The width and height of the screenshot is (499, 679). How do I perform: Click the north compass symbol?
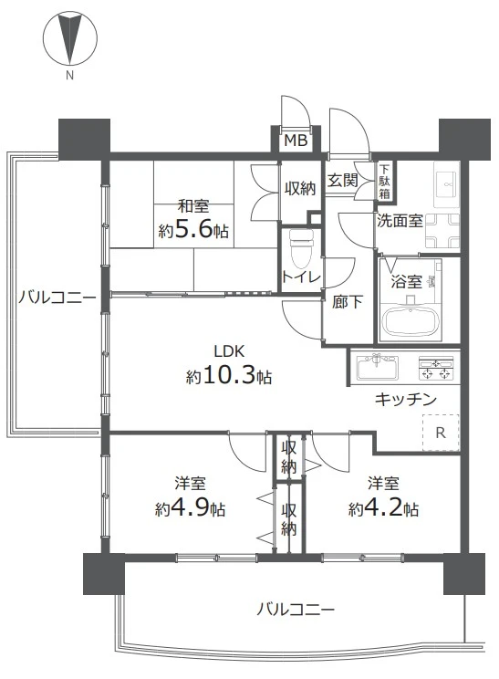pos(69,39)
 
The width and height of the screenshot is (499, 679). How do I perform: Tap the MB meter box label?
pos(296,141)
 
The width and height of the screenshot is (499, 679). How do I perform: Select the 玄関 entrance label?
pos(342,180)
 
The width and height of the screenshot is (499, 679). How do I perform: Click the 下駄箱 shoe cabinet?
pos(384,181)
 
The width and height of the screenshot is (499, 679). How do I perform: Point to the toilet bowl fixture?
pos(301,248)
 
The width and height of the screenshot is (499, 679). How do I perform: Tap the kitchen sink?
pos(377,367)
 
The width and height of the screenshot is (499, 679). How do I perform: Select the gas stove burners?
pos(435,368)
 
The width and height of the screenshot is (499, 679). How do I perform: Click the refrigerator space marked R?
pos(441,433)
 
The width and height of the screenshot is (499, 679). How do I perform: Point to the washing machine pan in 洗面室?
pos(442,230)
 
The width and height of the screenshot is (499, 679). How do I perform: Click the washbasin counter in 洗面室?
pos(447,185)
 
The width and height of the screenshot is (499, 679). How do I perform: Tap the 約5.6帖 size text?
pos(193,230)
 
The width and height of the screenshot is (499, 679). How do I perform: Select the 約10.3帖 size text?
pos(229,376)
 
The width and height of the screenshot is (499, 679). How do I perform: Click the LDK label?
pos(230,350)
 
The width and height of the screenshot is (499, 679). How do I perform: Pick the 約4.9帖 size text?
pos(190,507)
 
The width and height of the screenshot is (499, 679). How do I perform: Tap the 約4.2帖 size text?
pos(383,507)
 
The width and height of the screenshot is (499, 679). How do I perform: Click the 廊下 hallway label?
pos(347,302)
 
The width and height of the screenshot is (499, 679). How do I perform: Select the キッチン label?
pos(406,399)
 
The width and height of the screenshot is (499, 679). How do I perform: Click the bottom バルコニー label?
pos(296,610)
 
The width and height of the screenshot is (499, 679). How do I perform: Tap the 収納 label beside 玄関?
pos(300,188)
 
